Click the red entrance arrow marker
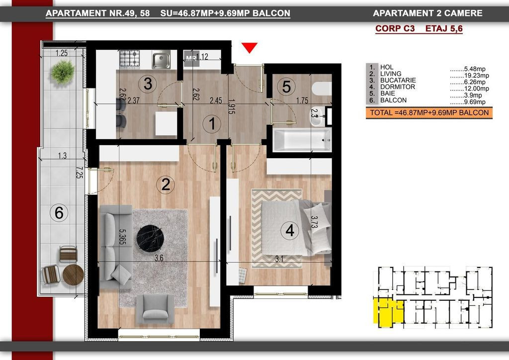pyautogui.click(x=250, y=47)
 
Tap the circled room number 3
pyautogui.click(x=148, y=84)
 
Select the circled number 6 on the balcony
pyautogui.click(x=59, y=213)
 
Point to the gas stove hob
pyautogui.click(x=130, y=59)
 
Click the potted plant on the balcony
pyautogui.click(x=63, y=72)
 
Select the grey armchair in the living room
pyautogui.click(x=155, y=309)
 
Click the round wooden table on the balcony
pyautogui.click(x=73, y=274)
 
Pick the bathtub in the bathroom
pyautogui.click(x=302, y=140)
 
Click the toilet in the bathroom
pyautogui.click(x=322, y=89)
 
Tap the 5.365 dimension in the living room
pyautogui.click(x=123, y=237)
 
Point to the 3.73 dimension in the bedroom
pyautogui.click(x=314, y=222)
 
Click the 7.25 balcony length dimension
pyautogui.click(x=79, y=173)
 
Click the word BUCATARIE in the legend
pyautogui.click(x=398, y=80)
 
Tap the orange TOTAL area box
pyautogui.click(x=429, y=113)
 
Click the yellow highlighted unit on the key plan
pyautogui.click(x=388, y=312)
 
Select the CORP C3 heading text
pyautogui.click(x=395, y=28)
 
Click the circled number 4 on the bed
pyautogui.click(x=290, y=231)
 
